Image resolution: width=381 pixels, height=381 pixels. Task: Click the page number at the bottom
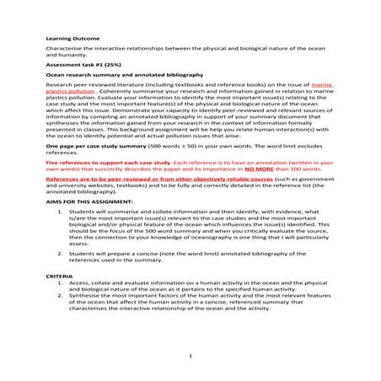tap(190, 355)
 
